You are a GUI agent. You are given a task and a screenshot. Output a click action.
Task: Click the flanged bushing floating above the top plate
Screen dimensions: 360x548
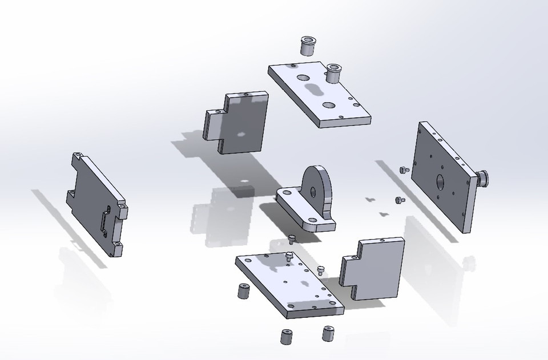(308, 46)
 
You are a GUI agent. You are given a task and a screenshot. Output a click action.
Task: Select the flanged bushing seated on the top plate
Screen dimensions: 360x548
(333, 72)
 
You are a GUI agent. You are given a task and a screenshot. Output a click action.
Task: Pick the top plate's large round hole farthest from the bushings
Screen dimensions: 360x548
(329, 106)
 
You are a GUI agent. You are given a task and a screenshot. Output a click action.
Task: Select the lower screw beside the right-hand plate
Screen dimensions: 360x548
(398, 200)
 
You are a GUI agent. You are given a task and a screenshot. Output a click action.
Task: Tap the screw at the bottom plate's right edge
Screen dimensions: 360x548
(320, 269)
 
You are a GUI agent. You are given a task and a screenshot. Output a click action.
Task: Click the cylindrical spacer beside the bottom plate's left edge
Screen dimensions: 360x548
(242, 291)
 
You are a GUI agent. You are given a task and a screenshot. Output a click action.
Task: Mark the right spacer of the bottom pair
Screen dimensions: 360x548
(328, 333)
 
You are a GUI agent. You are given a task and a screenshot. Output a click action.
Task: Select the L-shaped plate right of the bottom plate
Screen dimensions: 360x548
(372, 269)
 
